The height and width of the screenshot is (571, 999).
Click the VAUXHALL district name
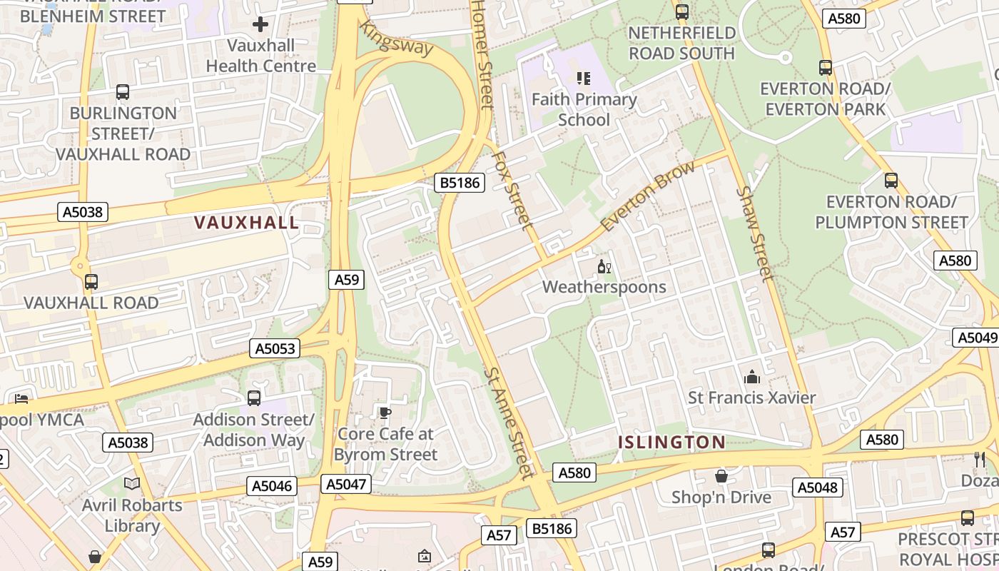tap(247, 223)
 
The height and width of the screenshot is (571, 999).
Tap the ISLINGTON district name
tap(671, 443)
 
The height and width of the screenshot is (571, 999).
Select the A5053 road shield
tap(275, 348)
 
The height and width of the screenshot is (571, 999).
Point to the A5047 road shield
tap(346, 485)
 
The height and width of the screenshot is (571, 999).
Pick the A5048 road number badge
tap(817, 487)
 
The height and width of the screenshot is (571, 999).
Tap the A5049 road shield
tap(976, 338)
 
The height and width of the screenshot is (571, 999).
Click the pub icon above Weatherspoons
tap(604, 268)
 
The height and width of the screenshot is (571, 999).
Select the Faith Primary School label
tap(584, 109)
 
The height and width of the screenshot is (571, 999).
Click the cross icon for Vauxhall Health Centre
tap(260, 25)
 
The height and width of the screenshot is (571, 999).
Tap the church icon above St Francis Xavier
tap(751, 377)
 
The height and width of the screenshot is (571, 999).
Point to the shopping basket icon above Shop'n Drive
tap(721, 476)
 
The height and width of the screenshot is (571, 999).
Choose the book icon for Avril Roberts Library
tap(132, 484)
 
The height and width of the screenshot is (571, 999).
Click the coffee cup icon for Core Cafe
tap(385, 413)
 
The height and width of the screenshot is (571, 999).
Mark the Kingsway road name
tap(397, 39)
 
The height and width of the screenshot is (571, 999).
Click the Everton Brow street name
tap(647, 196)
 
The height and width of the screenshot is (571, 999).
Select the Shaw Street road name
tap(754, 233)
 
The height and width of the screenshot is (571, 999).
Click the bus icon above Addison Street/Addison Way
tap(253, 398)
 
